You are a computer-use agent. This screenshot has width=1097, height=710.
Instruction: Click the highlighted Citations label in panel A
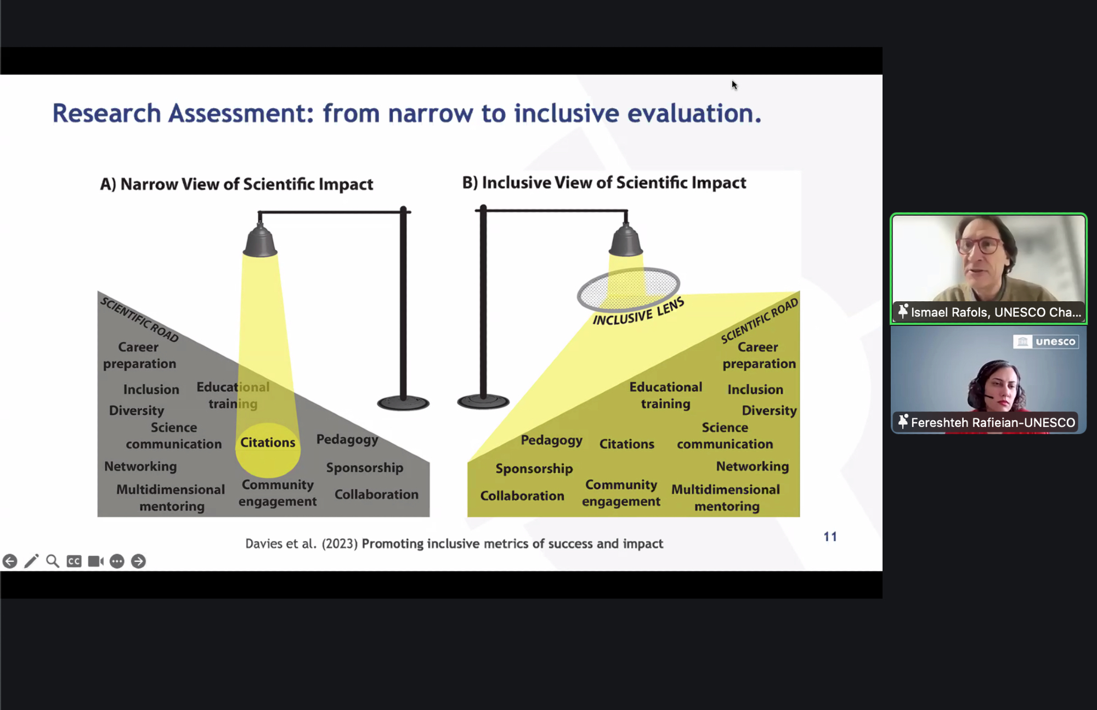268,442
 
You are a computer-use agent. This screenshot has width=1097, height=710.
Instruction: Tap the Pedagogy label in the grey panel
347,439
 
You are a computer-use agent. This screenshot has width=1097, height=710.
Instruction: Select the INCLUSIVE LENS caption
638,311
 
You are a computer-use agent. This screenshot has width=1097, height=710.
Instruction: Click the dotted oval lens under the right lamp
629,289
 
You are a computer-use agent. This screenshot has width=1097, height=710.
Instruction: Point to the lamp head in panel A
260,240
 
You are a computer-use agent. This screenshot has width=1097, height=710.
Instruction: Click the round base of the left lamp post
403,403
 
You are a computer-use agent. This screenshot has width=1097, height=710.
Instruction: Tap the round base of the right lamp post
483,402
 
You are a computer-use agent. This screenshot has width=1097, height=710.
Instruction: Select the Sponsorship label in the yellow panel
534,469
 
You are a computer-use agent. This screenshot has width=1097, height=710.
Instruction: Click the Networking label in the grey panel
140,466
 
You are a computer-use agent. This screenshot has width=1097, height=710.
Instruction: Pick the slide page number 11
830,537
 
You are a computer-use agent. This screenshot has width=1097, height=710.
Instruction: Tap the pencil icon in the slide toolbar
31,561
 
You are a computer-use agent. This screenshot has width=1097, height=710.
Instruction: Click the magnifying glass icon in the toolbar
53,561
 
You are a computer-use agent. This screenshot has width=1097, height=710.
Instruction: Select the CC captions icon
74,561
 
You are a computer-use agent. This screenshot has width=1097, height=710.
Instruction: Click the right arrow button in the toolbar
138,561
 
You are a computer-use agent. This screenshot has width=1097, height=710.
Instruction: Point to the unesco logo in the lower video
1046,342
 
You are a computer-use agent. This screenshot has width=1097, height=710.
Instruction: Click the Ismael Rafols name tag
989,312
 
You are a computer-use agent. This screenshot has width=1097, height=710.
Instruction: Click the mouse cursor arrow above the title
734,85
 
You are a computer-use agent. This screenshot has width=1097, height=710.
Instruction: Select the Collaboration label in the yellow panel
522,495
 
